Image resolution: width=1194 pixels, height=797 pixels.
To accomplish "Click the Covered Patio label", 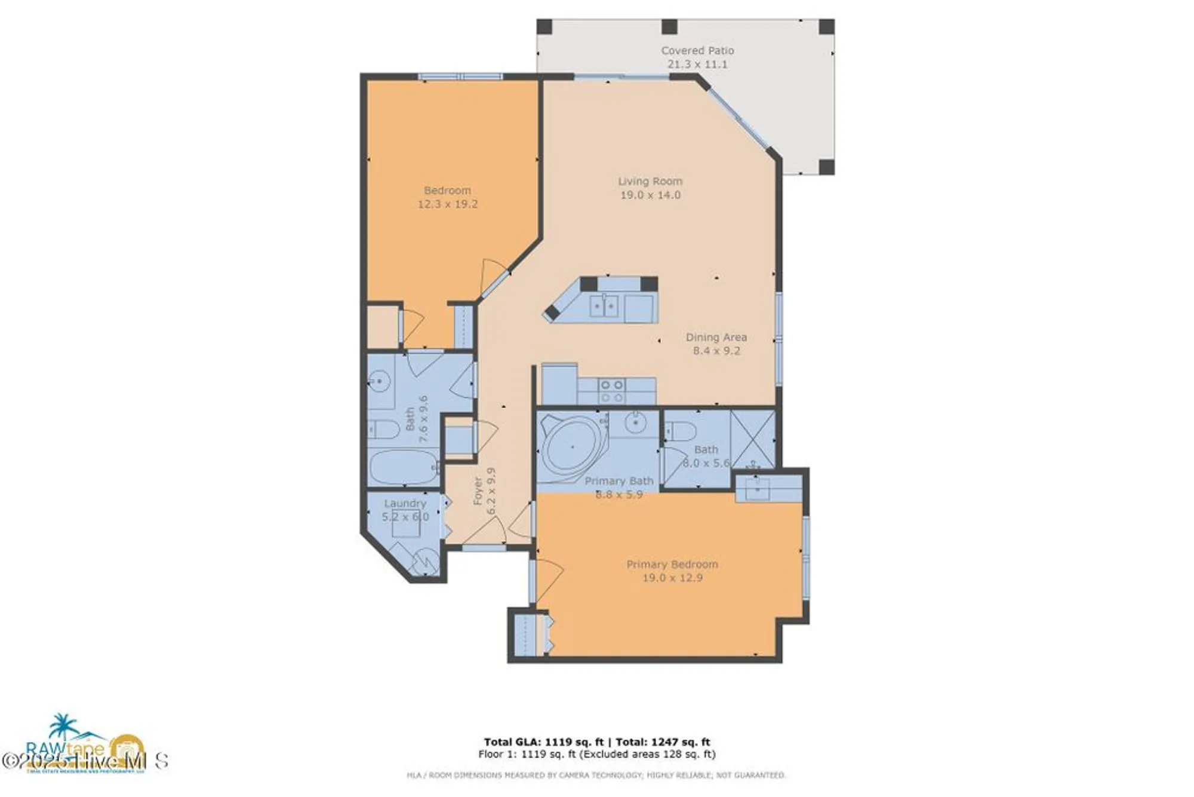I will pos(697,51).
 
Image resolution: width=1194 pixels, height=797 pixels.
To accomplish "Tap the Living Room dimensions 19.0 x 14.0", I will pos(650,195).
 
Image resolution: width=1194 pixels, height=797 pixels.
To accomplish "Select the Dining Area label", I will pos(716,337).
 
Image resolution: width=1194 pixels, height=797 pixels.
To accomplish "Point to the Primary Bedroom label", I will pos(672,564).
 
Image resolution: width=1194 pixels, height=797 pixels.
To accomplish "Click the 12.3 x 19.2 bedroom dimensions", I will pos(447,204).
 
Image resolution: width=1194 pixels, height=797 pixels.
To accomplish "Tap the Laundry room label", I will pos(405,504).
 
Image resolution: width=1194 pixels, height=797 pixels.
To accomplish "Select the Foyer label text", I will pos(478,491).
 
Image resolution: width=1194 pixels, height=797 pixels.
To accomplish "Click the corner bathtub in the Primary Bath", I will pos(572,447).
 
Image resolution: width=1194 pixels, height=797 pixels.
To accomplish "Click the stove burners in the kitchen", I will pos(612,391).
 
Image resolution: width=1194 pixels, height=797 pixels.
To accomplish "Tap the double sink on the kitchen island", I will pos(604,306).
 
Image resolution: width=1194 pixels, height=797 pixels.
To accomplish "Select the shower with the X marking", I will pos(753,439).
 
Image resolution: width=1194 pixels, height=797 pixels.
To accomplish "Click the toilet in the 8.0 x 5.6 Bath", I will pos(682,431).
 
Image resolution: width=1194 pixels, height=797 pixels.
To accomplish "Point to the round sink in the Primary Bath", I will pos(636,424).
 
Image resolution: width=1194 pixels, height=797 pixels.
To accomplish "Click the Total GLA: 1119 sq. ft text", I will pos(543,742).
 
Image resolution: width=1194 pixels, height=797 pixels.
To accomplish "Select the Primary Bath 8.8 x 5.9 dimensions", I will pos(619,494).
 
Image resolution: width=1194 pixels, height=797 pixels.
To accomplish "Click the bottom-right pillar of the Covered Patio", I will pos(826,167).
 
